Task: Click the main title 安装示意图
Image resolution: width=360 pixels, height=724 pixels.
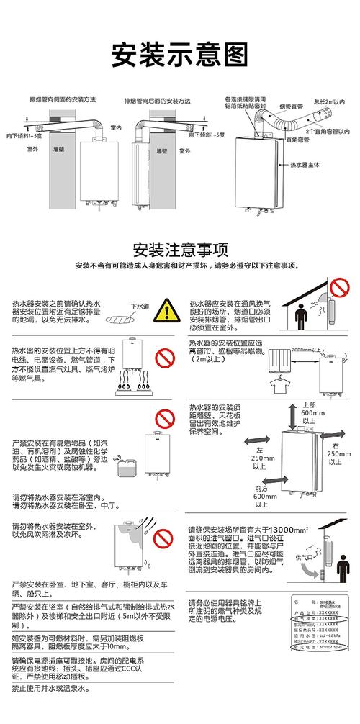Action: click(180, 53)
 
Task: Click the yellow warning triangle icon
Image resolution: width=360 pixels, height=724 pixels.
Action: click(168, 311)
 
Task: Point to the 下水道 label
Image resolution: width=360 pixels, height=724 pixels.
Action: click(140, 307)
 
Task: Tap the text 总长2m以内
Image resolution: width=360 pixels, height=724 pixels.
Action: click(328, 104)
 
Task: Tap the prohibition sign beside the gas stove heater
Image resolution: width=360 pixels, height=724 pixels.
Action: click(167, 357)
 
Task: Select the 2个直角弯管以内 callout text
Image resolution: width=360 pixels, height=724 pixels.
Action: click(329, 132)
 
